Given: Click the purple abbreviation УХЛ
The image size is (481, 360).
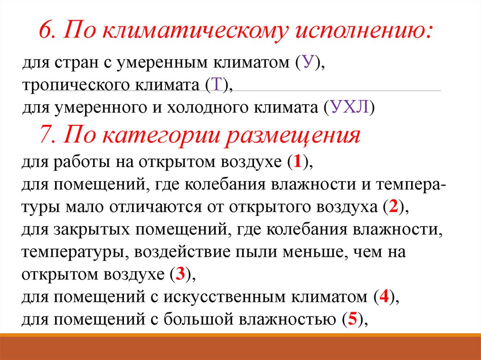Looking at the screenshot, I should (x=350, y=108).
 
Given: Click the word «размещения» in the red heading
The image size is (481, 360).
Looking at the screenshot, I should (x=294, y=136).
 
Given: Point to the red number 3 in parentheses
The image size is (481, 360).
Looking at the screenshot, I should (x=180, y=275).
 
